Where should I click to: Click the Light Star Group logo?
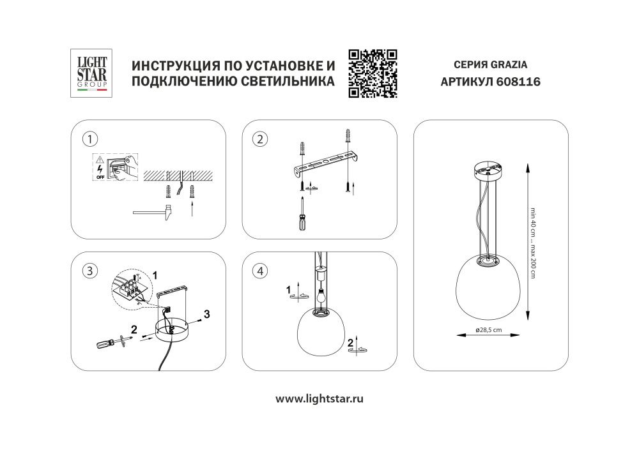pyautogui.click(x=92, y=73)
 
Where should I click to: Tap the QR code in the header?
pyautogui.click(x=373, y=73)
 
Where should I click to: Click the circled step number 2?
pyautogui.click(x=260, y=139)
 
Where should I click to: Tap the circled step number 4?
pyautogui.click(x=260, y=271)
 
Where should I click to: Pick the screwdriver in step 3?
pyautogui.click(x=111, y=343)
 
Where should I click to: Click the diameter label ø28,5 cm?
pyautogui.click(x=488, y=329)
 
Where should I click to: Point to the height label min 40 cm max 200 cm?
pyautogui.click(x=532, y=243)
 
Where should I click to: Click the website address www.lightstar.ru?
pyautogui.click(x=319, y=399)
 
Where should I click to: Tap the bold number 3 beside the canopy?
pyautogui.click(x=206, y=313)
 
